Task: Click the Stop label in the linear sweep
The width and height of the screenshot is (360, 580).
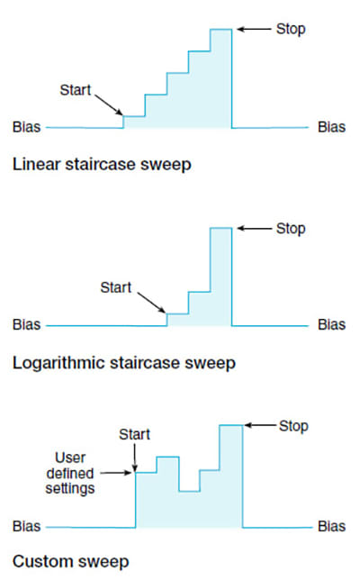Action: pyautogui.click(x=291, y=29)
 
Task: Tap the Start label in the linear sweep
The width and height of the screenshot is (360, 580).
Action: pyautogui.click(x=76, y=90)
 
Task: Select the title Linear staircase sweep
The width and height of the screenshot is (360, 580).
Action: pyautogui.click(x=102, y=165)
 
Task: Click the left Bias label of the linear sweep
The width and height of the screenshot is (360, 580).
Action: pyautogui.click(x=27, y=127)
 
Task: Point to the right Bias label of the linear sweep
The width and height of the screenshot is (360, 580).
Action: pyautogui.click(x=331, y=127)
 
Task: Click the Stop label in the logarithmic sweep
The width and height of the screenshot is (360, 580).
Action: pyautogui.click(x=291, y=229)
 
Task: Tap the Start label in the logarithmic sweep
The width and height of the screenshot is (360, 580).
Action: pyautogui.click(x=116, y=287)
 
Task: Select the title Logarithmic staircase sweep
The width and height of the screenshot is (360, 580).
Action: pyautogui.click(x=124, y=363)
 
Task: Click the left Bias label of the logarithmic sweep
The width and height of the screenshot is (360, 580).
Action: pyautogui.click(x=27, y=324)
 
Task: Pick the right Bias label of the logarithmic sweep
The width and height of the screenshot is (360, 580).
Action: pyautogui.click(x=331, y=324)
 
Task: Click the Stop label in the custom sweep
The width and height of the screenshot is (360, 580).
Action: pyautogui.click(x=293, y=426)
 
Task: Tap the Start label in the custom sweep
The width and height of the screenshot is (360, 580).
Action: pyautogui.click(x=134, y=434)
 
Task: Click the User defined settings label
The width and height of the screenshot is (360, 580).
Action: pyautogui.click(x=70, y=473)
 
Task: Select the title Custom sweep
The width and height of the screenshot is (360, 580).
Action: pyautogui.click(x=71, y=562)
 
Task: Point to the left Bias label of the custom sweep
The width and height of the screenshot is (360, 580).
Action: pyautogui.click(x=27, y=526)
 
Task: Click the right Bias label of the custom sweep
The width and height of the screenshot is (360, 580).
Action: pyautogui.click(x=331, y=526)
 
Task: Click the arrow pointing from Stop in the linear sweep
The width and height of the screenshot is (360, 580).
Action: pyautogui.click(x=254, y=29)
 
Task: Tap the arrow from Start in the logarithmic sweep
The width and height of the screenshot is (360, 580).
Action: pyautogui.click(x=151, y=303)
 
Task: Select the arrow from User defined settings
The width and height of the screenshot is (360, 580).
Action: pyautogui.click(x=116, y=472)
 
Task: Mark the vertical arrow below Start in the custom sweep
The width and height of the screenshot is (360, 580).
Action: pyautogui.click(x=134, y=458)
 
